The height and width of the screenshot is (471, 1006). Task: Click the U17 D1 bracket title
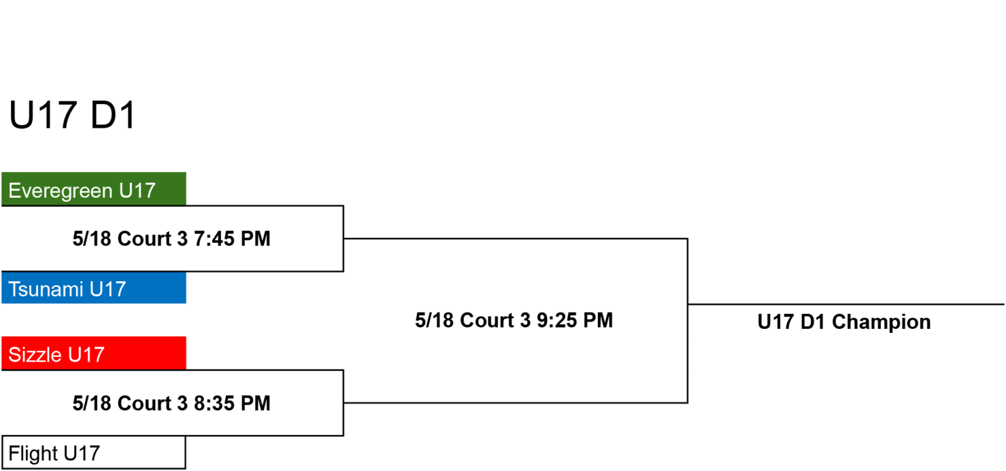tap(72, 115)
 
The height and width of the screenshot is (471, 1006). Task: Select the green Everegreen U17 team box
tap(94, 189)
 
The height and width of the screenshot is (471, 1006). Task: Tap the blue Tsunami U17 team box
tap(94, 288)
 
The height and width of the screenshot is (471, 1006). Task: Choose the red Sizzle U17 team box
tap(94, 353)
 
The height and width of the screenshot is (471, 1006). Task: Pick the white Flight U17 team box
tap(94, 453)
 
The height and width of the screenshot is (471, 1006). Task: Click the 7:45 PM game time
tap(233, 238)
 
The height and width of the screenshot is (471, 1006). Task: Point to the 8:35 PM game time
tap(233, 404)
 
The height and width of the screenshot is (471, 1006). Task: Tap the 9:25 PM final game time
tap(575, 320)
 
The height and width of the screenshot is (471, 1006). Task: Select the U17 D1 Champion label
tap(844, 322)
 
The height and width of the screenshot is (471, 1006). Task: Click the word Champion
tap(881, 322)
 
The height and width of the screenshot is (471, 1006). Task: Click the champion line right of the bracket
tap(846, 305)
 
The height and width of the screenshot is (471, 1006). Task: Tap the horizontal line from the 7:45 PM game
tap(515, 238)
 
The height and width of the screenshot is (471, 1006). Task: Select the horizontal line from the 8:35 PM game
tap(515, 403)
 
